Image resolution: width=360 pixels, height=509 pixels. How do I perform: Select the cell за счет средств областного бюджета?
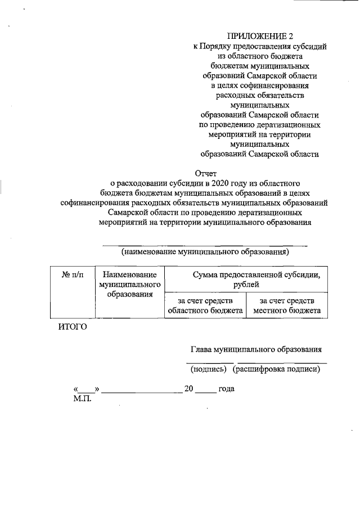(205, 305)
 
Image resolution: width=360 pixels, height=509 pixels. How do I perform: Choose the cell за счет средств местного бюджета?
(287, 305)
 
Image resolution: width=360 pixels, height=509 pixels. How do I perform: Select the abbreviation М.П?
(82, 399)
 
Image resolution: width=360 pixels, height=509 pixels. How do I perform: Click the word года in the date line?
(226, 389)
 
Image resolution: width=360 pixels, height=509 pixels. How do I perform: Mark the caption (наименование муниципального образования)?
(205, 252)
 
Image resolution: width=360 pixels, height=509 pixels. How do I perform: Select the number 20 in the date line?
(189, 389)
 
